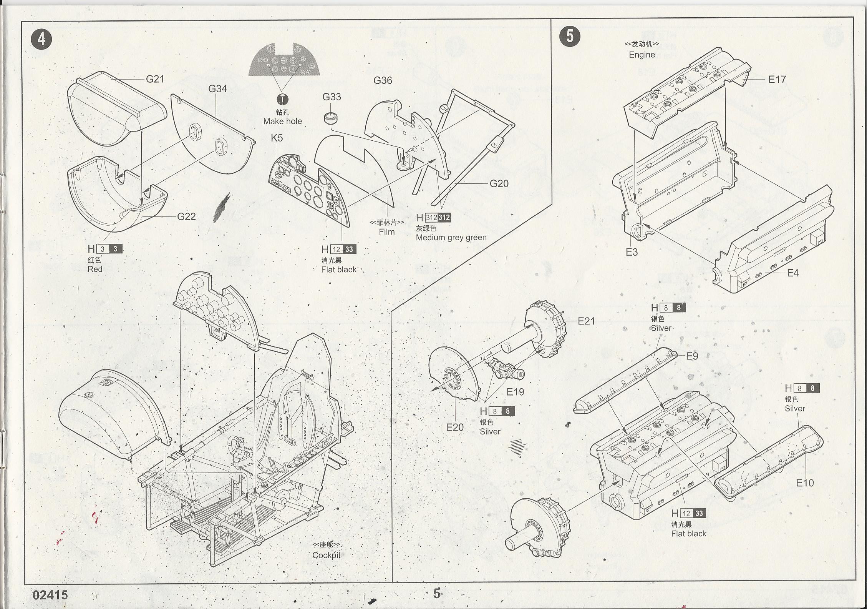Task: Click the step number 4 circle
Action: pyautogui.click(x=42, y=39)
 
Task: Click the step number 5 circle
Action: pyautogui.click(x=570, y=37)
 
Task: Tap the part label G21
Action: pyautogui.click(x=155, y=79)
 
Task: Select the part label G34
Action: pyautogui.click(x=217, y=89)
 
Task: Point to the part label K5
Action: pyautogui.click(x=277, y=138)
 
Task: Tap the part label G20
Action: pyautogui.click(x=499, y=184)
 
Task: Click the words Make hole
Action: pyautogui.click(x=282, y=121)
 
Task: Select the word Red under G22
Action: pyautogui.click(x=95, y=269)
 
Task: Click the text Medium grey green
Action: pyautogui.click(x=451, y=238)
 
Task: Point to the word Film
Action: pyautogui.click(x=386, y=232)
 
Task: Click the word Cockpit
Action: pyautogui.click(x=326, y=555)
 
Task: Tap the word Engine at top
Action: pyautogui.click(x=642, y=55)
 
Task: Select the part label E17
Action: pyautogui.click(x=777, y=80)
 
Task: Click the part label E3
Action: pyautogui.click(x=632, y=252)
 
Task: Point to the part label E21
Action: pyautogui.click(x=586, y=321)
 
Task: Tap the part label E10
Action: pyautogui.click(x=805, y=483)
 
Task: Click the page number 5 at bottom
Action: pyautogui.click(x=437, y=593)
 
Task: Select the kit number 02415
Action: pyautogui.click(x=50, y=595)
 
